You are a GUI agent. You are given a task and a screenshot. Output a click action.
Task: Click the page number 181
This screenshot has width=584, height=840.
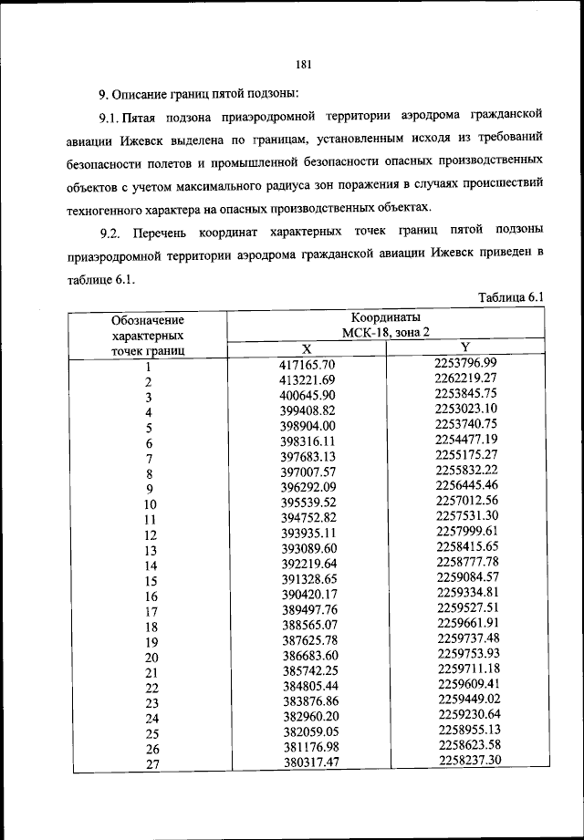(x=305, y=64)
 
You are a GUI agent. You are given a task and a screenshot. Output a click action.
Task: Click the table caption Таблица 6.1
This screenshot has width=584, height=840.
(x=510, y=297)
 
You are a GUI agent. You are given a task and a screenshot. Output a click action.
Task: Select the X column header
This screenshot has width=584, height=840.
(x=307, y=348)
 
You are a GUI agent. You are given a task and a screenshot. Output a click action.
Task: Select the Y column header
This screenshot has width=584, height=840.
(x=465, y=347)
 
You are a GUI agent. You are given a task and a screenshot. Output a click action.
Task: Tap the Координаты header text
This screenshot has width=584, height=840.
(x=386, y=317)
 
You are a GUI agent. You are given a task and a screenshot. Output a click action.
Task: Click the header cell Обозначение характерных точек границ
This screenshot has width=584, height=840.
(x=148, y=334)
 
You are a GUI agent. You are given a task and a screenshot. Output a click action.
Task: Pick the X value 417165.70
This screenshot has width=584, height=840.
(x=308, y=364)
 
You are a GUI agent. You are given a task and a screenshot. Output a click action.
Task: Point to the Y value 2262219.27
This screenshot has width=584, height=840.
(x=465, y=378)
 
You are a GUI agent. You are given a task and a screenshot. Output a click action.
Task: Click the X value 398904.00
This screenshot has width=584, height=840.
(x=308, y=426)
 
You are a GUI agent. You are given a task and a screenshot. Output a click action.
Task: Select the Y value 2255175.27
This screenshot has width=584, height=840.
(x=465, y=454)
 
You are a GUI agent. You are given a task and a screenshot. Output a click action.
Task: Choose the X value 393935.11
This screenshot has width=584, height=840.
(x=308, y=534)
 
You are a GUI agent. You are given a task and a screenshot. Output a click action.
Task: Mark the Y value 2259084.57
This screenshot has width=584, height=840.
(x=465, y=576)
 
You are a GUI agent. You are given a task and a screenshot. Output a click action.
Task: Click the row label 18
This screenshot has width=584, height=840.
(x=151, y=627)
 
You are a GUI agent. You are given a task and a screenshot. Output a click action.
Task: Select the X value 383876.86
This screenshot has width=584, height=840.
(x=308, y=701)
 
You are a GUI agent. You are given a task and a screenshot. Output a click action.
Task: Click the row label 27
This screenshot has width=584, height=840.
(x=151, y=764)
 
